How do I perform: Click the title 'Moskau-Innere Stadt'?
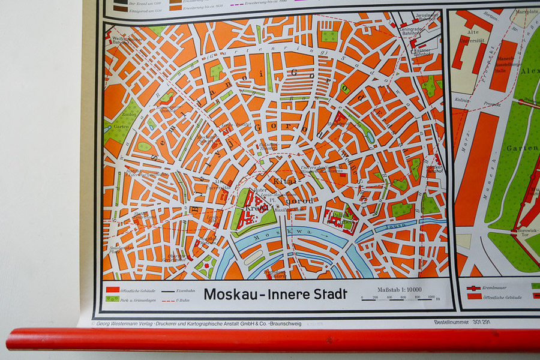(x=275, y=294)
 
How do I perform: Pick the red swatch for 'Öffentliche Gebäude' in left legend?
(x=112, y=289)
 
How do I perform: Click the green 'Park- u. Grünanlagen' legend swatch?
(x=112, y=298)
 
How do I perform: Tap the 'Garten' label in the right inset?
(x=518, y=148)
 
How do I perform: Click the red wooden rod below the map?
(x=270, y=339)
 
